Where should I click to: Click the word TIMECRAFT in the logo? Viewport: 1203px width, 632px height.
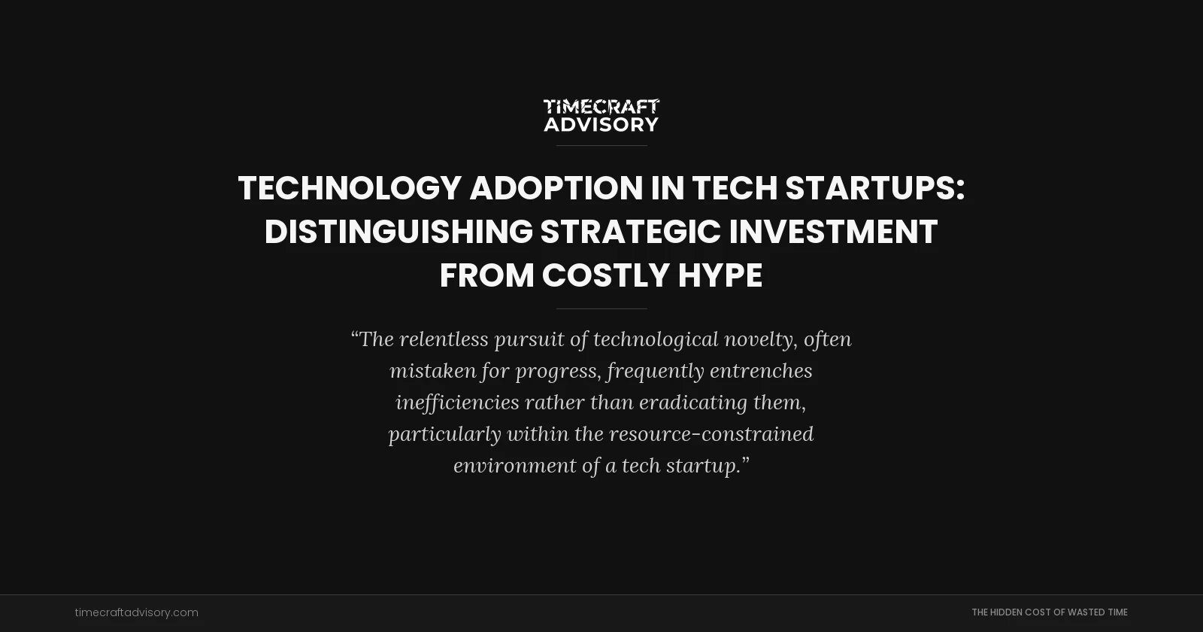point(601,107)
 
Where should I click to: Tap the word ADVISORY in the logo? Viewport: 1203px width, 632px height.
point(601,124)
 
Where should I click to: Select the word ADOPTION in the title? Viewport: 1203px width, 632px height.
point(556,188)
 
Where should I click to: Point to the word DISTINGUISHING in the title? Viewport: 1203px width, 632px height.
point(398,232)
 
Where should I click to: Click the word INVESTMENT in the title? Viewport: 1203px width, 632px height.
point(833,232)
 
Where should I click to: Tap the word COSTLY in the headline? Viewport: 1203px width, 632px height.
point(605,275)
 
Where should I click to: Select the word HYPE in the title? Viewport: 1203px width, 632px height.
point(720,275)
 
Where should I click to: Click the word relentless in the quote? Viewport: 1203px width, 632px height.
point(444,339)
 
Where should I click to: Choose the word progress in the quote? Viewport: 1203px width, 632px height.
point(557,371)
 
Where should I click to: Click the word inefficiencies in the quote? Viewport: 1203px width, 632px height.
point(457,403)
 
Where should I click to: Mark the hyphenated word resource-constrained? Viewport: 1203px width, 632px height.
point(711,434)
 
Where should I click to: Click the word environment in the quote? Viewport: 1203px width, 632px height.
point(514,466)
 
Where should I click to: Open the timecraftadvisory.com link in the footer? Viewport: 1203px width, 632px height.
point(137,612)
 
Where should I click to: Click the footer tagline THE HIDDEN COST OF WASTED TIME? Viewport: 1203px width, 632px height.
point(1049,612)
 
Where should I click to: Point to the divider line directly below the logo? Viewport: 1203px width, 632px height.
point(601,145)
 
